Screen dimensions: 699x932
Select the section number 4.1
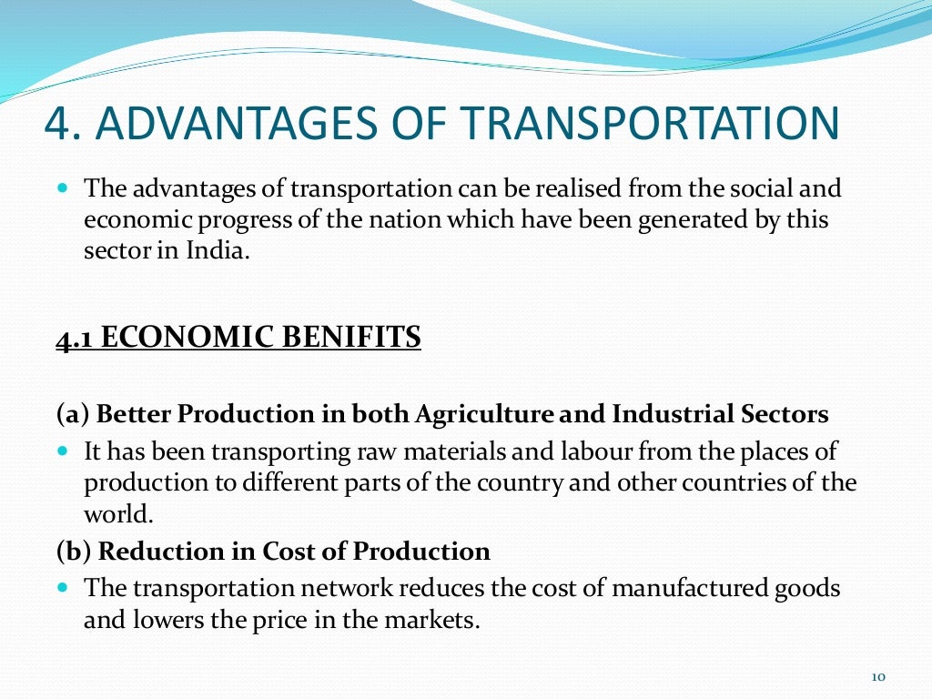click(x=75, y=338)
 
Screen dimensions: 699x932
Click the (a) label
click(x=72, y=415)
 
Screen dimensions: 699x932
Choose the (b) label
click(x=73, y=552)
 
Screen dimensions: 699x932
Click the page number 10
click(x=878, y=676)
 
